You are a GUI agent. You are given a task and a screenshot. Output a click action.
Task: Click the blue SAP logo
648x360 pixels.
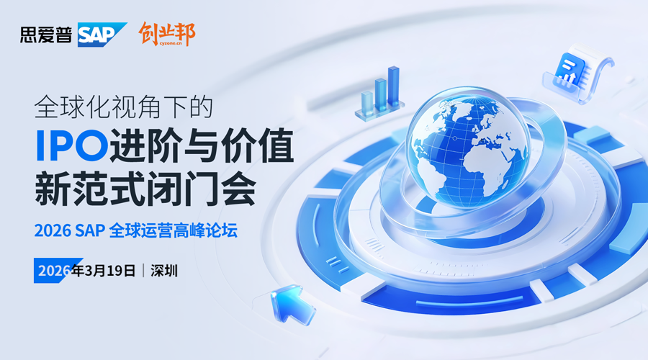point(102,35)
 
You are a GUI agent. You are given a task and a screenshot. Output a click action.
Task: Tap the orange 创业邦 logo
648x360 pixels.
point(166,34)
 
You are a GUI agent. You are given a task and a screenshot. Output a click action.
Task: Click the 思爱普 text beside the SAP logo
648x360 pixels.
point(47,35)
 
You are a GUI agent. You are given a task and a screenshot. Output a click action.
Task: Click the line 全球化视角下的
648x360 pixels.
point(125,108)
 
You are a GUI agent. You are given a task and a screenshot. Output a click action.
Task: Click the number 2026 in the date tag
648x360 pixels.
point(53,271)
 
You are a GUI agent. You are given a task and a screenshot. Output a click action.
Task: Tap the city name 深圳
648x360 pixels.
point(165,271)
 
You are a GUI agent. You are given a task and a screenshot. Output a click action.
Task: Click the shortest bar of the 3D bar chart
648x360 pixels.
point(368,100)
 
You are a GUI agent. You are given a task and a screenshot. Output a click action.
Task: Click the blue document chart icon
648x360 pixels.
point(572,71)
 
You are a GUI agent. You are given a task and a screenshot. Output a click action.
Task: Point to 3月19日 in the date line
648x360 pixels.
point(109,271)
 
